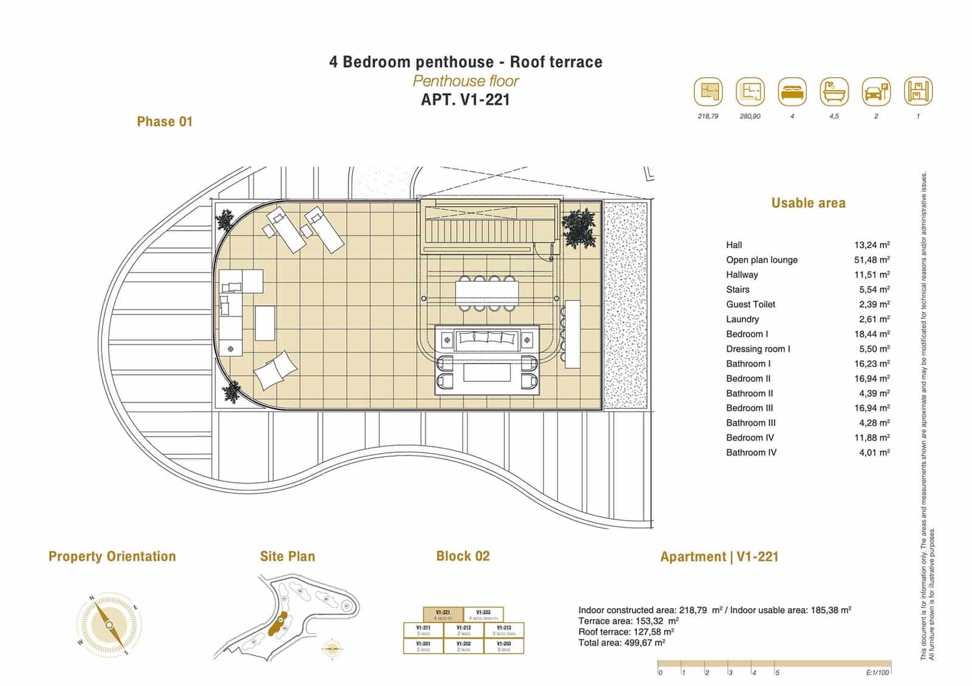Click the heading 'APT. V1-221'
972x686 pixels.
(465, 100)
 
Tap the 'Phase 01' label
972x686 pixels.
(165, 122)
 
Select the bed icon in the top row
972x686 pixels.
(792, 92)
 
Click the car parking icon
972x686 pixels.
(876, 92)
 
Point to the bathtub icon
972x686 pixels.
(834, 92)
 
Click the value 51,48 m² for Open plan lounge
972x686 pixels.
(872, 260)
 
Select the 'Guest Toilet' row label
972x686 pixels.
(750, 304)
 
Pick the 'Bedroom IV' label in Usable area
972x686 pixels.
(750, 437)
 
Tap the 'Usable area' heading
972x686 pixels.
(808, 203)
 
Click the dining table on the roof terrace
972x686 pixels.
(486, 293)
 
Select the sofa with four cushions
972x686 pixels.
(488, 339)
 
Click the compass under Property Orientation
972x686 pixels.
(109, 625)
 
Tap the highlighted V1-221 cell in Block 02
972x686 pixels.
(443, 614)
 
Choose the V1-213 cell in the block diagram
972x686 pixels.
(504, 630)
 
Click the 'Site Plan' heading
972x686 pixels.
(287, 556)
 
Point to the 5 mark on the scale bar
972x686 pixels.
(777, 673)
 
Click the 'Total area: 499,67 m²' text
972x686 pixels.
(621, 643)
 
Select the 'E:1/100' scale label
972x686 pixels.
(877, 673)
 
